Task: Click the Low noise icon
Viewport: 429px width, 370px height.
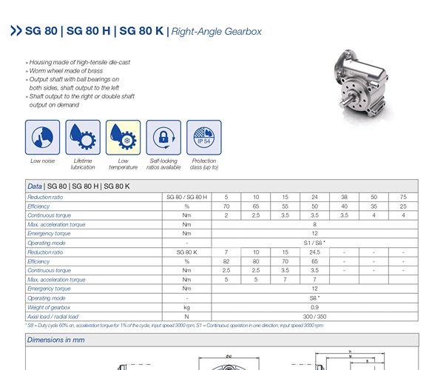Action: tap(42, 137)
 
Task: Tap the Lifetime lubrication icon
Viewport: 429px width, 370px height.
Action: tap(83, 137)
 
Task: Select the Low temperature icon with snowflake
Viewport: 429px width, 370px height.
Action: tap(123, 137)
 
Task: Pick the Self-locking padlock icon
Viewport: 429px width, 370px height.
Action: tap(163, 137)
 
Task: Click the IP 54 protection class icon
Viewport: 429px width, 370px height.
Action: tap(204, 137)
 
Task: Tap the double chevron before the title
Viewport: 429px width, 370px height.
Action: tap(16, 32)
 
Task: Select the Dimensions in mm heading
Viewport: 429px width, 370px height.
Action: tap(55, 340)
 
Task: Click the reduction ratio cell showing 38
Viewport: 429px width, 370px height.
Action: tap(344, 197)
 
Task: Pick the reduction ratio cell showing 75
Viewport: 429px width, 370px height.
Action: tap(403, 197)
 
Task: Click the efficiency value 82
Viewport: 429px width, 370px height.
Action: tap(226, 261)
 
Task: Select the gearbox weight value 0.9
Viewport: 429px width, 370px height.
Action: tap(314, 307)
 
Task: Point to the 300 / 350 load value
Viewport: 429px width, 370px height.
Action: tap(314, 317)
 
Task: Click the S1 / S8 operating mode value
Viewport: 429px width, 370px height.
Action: tap(314, 243)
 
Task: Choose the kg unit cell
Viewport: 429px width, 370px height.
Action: tap(187, 307)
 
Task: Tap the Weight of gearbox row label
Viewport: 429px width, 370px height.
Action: tap(49, 307)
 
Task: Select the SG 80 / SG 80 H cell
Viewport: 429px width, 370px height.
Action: tap(187, 197)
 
